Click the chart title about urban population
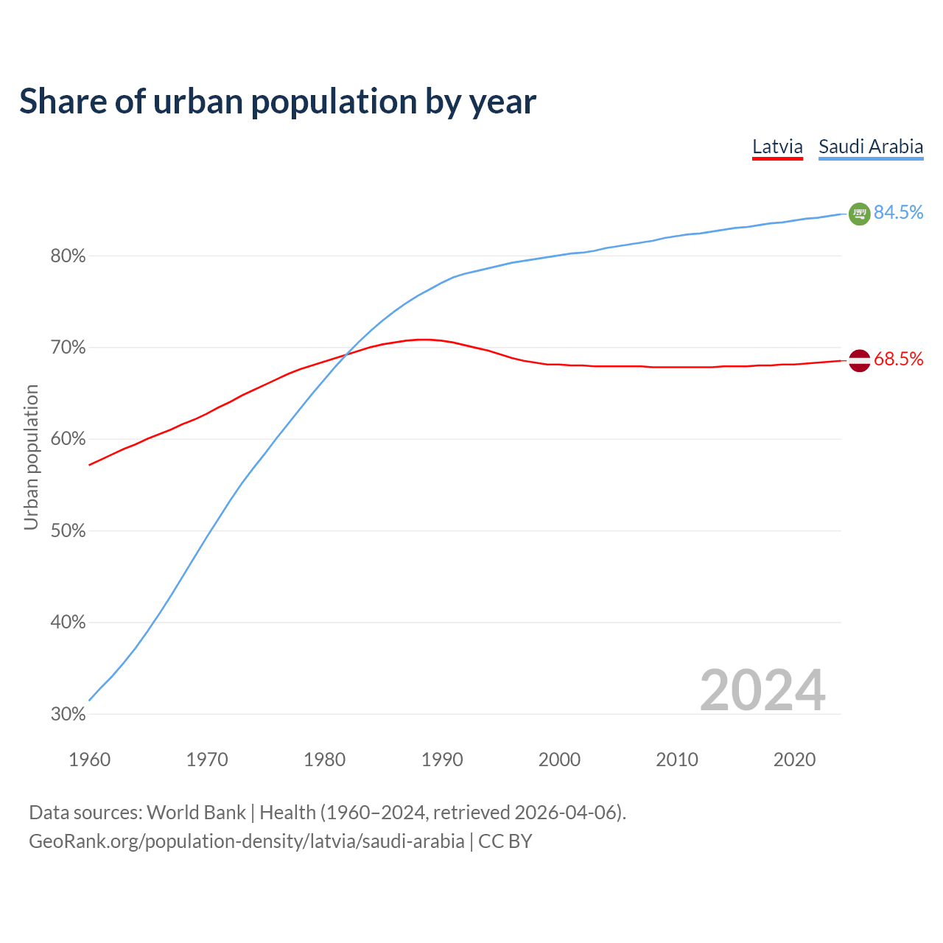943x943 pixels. pyautogui.click(x=278, y=102)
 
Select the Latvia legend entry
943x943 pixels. pyautogui.click(x=777, y=147)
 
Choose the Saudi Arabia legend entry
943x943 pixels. pyautogui.click(x=871, y=147)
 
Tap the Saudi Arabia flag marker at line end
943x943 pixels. pyautogui.click(x=860, y=214)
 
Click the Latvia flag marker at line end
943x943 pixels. pyautogui.click(x=860, y=360)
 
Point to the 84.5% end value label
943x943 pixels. pyautogui.click(x=899, y=213)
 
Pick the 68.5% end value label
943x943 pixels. pyautogui.click(x=899, y=360)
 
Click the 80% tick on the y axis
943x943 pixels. pyautogui.click(x=68, y=256)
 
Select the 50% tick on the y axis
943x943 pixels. pyautogui.click(x=68, y=531)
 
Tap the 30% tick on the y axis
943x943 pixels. pyautogui.click(x=68, y=715)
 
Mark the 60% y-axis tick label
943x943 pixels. pyautogui.click(x=68, y=440)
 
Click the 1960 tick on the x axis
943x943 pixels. pyautogui.click(x=89, y=760)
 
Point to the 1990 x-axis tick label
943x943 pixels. pyautogui.click(x=442, y=760)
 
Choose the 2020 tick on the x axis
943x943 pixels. pyautogui.click(x=794, y=760)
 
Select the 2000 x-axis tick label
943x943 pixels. pyautogui.click(x=559, y=760)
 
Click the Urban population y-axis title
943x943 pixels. pyautogui.click(x=31, y=458)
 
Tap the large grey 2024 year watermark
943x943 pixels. pyautogui.click(x=763, y=690)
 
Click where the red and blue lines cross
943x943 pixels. pyautogui.click(x=345, y=356)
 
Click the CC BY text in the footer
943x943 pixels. pyautogui.click(x=505, y=841)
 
